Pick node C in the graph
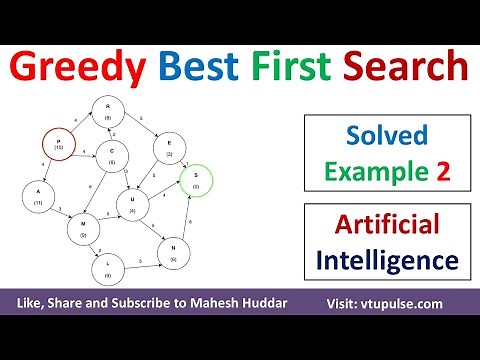(x=112, y=156)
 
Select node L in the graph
(x=108, y=267)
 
